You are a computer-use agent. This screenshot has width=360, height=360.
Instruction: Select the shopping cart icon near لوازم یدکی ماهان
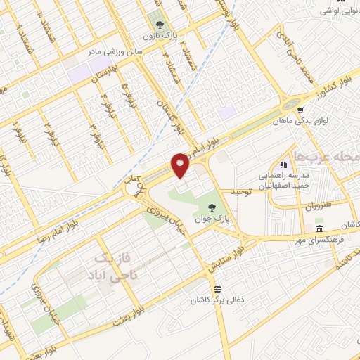click(x=300, y=110)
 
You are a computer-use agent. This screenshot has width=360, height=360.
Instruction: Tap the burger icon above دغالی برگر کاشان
click(x=218, y=288)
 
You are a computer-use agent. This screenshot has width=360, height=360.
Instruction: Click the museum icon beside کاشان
click(x=320, y=229)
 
